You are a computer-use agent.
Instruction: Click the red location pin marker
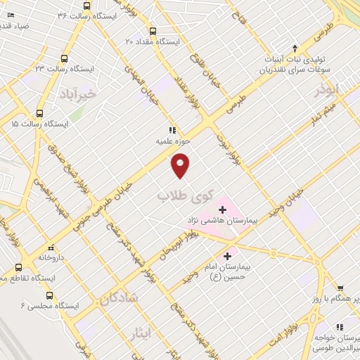coord(181,165)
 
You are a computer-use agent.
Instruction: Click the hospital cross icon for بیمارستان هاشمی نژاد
coord(222,209)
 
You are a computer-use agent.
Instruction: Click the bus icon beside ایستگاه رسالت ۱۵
coord(39,112)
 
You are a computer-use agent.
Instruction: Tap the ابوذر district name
coord(327,90)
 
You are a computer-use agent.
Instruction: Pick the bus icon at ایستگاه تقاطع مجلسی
coord(19,268)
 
